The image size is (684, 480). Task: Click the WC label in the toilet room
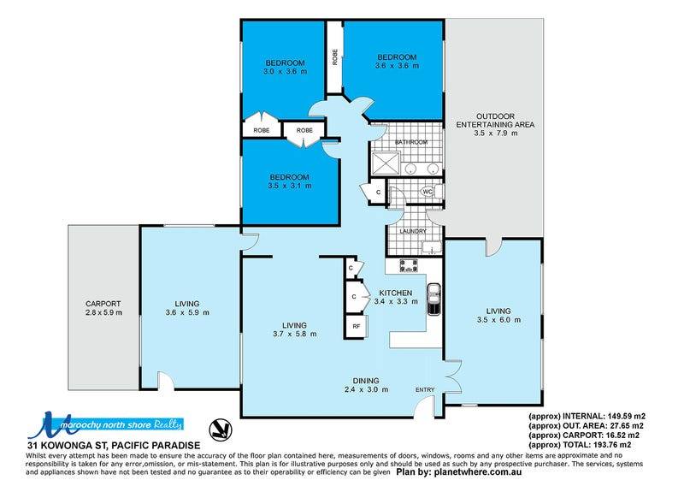point(427,191)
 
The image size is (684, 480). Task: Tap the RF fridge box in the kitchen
point(357,325)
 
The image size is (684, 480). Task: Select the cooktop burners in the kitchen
point(409,265)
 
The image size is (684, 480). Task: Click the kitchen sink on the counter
point(433,299)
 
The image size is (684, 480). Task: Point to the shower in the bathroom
point(386,163)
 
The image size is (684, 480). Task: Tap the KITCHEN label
point(395,293)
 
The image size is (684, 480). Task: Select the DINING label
point(366,381)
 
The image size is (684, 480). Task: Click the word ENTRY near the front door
point(425,389)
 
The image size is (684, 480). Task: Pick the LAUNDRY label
point(413,231)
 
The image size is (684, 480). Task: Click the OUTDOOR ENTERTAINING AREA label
point(495,121)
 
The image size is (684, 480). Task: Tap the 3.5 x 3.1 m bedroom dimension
point(290,186)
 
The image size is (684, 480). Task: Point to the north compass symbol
point(221,430)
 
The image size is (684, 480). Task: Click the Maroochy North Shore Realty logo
point(105,424)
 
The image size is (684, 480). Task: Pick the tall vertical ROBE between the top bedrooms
point(335,57)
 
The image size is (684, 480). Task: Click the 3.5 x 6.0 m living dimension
point(498,320)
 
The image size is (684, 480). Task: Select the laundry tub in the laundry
point(432,247)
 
